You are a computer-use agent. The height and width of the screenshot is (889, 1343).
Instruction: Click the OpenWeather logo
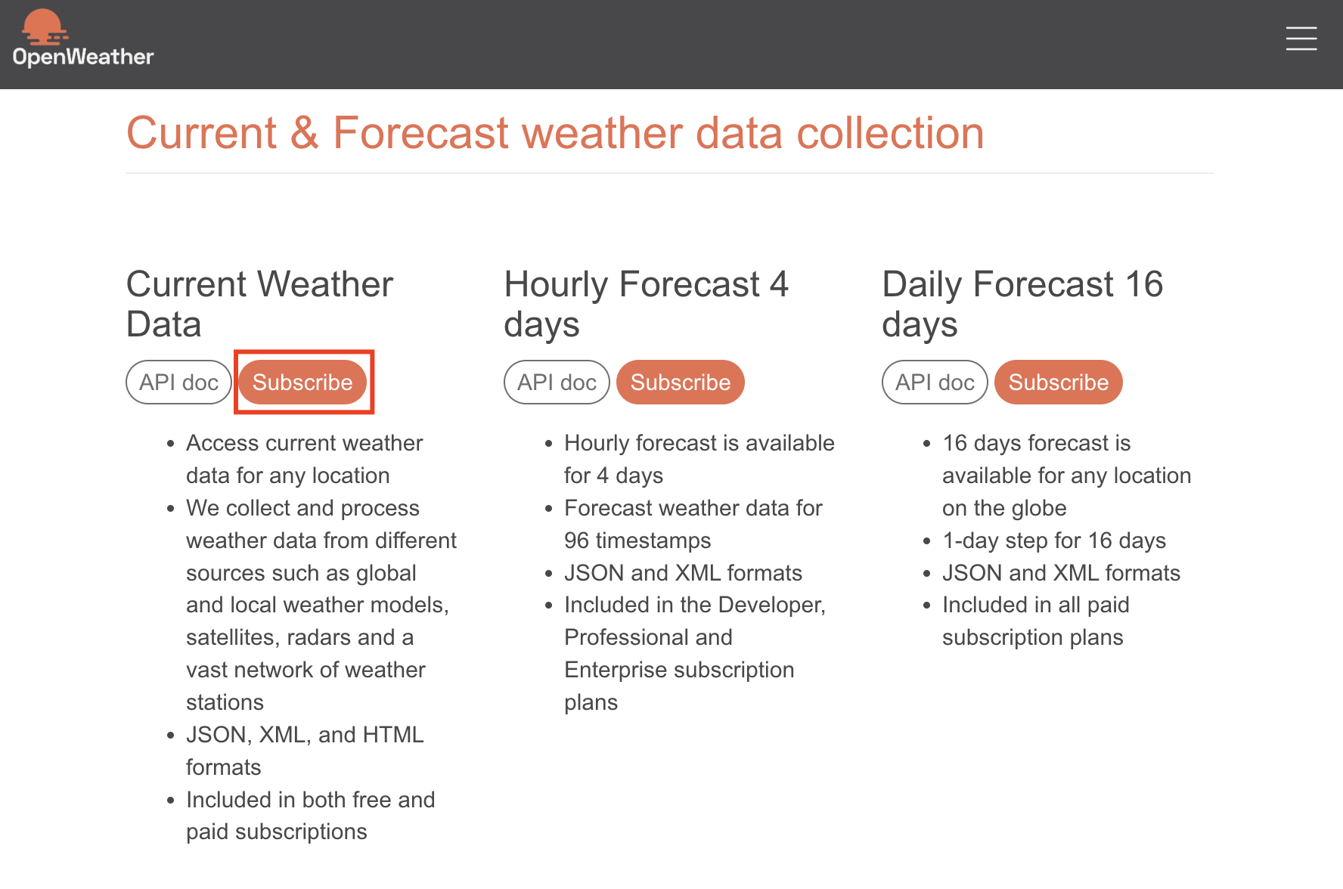pos(83,39)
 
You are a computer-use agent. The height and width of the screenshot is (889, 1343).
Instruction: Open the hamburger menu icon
pos(1301,39)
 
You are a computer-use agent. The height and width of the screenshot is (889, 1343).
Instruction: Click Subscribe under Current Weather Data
pos(302,383)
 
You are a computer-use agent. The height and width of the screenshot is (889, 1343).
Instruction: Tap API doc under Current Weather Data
pos(178,383)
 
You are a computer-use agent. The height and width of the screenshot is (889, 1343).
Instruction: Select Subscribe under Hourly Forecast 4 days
pos(681,383)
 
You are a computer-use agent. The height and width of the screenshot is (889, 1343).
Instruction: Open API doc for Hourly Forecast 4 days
pos(557,383)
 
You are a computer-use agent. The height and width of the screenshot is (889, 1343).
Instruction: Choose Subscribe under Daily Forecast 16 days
pos(1059,383)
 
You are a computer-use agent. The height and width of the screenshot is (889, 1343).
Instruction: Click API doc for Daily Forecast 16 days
pos(935,383)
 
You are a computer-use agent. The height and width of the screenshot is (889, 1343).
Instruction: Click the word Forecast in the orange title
pos(421,133)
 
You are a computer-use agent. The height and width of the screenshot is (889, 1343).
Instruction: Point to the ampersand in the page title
pos(305,133)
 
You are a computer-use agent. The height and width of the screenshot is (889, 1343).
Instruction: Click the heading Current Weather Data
pos(259,304)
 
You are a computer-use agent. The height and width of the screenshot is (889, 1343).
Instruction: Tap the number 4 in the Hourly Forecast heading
pos(780,285)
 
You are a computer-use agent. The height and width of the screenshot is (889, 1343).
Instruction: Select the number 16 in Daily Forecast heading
pos(1144,285)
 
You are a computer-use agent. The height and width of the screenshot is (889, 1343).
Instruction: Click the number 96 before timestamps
pos(576,541)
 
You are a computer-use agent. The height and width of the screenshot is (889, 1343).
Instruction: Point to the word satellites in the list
pos(233,637)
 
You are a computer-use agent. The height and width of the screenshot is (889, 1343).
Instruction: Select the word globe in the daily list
pos(1039,508)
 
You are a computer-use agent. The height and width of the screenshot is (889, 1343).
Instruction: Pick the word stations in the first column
pos(225,702)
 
